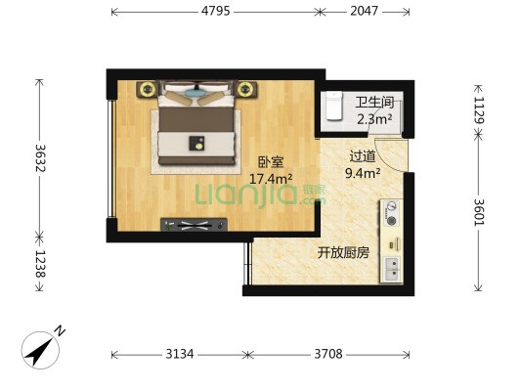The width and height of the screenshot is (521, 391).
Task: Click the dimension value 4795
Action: click(215, 11)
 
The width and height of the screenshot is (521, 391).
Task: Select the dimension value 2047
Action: click(364, 11)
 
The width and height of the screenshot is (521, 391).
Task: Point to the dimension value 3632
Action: click(41, 157)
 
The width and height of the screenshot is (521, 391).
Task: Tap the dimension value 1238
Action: click(41, 263)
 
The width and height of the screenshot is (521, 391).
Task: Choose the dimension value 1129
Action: click(479, 109)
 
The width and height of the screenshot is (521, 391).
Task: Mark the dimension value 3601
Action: click(479, 212)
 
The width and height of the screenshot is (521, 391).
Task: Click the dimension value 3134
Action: click(180, 354)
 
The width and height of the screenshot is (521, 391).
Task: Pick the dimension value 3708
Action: click(328, 354)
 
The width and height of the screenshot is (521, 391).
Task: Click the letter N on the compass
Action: click(60, 331)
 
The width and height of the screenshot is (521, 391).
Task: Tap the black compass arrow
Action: click(38, 352)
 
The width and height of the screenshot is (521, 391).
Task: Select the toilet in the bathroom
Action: click(333, 106)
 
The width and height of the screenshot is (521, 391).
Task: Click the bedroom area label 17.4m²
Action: click(271, 179)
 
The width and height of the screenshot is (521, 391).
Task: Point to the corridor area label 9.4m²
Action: click(363, 173)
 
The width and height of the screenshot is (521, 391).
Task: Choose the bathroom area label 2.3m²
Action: click(374, 118)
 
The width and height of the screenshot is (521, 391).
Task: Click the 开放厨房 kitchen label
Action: click(343, 253)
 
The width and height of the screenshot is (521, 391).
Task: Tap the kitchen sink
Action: click(392, 270)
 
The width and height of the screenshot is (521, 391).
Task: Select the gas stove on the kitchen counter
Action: click(391, 213)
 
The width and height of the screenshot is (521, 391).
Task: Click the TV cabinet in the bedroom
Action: click(195, 225)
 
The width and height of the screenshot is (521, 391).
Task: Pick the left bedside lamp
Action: click(148, 89)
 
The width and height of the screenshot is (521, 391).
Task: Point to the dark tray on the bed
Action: click(196, 143)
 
